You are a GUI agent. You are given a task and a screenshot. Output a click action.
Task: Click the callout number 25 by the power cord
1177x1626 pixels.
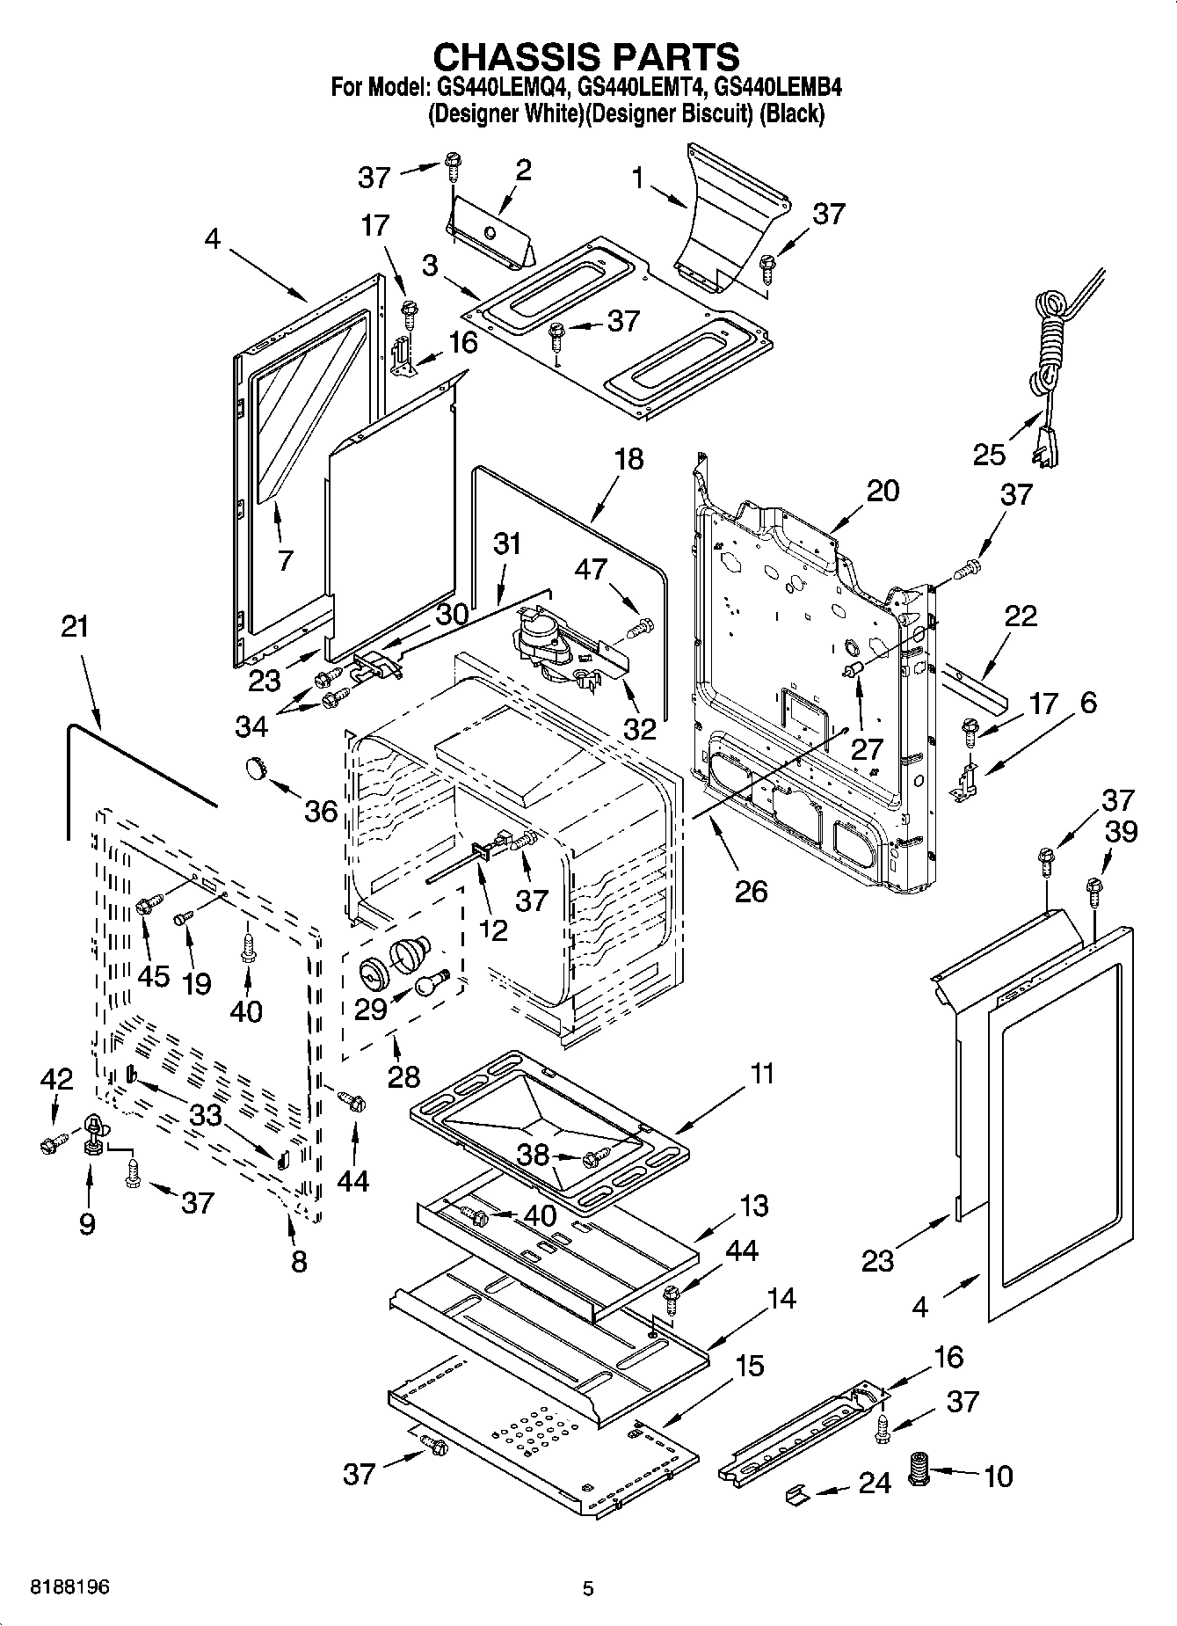click(989, 455)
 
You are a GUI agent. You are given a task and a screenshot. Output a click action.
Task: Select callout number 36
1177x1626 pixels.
click(321, 811)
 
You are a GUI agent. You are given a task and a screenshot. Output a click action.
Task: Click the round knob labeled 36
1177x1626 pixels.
click(256, 769)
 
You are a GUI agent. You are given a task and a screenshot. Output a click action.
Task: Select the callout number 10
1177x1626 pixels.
click(999, 1476)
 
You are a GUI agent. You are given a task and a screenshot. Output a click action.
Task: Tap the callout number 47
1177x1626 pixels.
click(591, 569)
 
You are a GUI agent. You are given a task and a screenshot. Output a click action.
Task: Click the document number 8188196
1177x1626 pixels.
click(70, 1587)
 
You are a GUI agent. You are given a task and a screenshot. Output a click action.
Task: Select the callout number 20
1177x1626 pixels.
click(883, 491)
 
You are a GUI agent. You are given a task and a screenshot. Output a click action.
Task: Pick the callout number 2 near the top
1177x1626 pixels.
click(523, 170)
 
